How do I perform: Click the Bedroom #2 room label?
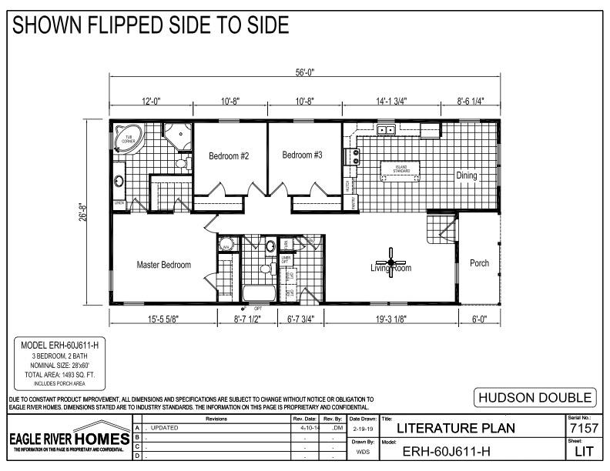[229, 155]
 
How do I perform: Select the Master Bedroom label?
[163, 265]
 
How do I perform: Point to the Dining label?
[465, 175]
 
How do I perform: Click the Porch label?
[479, 263]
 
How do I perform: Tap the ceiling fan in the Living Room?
[391, 263]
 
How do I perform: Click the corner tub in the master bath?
[128, 139]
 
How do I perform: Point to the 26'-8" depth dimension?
[92, 212]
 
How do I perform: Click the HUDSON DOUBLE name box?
[536, 398]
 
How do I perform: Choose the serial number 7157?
[582, 428]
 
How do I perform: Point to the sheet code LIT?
[582, 452]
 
